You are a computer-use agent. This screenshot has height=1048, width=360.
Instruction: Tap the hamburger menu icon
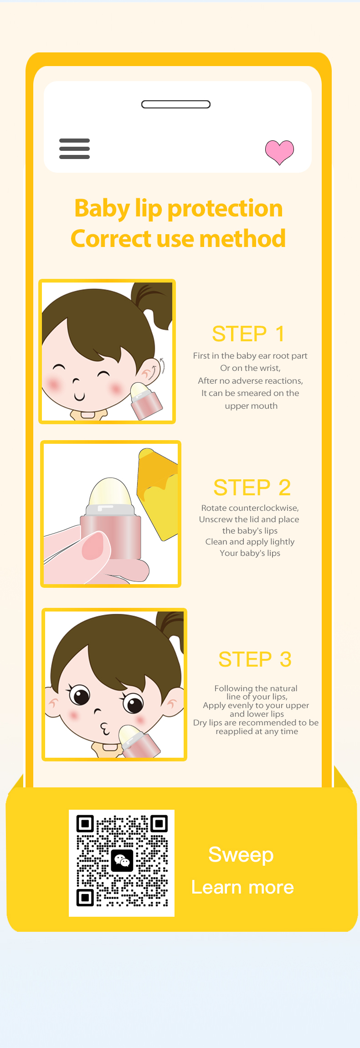coord(74,149)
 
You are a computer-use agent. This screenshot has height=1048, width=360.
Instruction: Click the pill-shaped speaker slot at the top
coord(176,104)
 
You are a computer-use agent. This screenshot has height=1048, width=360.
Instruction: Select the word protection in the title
coord(225,209)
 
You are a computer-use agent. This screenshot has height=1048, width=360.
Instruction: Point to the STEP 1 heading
coord(248,334)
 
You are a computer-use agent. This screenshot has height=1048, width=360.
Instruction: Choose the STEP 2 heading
coord(252,488)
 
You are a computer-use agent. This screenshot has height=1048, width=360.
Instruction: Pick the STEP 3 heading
coord(255,659)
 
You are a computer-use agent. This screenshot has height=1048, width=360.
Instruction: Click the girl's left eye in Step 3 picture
coord(80,695)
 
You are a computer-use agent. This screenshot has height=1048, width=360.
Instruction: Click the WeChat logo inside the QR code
coord(122,860)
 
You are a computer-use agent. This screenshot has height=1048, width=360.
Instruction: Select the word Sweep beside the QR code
coord(241,855)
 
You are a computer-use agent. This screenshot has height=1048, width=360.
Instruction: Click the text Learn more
coord(242,887)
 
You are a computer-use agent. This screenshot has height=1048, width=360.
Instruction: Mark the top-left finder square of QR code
coord(85,824)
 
